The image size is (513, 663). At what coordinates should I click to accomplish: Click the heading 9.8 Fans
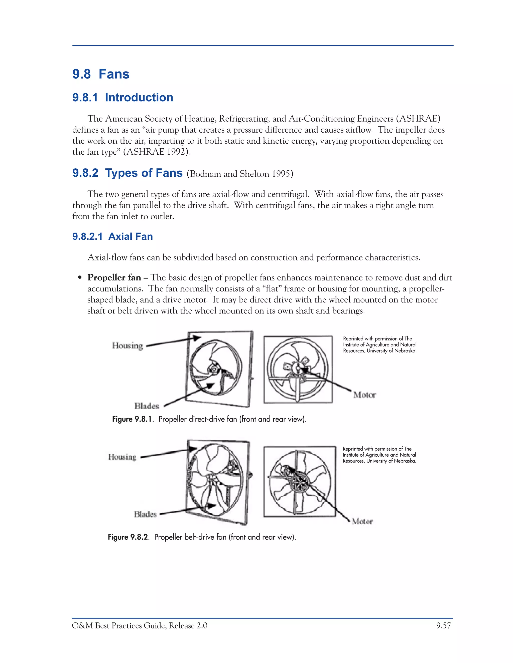(x=101, y=74)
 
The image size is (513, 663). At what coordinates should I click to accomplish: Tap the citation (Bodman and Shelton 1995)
(x=240, y=174)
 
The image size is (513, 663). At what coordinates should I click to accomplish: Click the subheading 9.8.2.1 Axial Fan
(x=112, y=236)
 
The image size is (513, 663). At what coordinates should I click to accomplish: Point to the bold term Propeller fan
(x=114, y=277)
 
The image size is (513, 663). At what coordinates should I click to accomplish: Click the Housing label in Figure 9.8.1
(x=127, y=346)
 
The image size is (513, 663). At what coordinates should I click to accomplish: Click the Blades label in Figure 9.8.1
(x=147, y=406)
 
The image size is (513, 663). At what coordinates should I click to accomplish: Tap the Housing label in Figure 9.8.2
(x=122, y=457)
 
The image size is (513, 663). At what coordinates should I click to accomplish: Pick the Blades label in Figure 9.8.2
(x=145, y=514)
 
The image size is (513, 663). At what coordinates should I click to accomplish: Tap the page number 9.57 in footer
(x=443, y=626)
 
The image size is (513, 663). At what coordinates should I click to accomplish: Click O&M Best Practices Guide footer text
(x=140, y=626)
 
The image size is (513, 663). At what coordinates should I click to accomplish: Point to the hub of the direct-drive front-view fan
(x=214, y=369)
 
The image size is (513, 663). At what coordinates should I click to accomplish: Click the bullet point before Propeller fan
(x=80, y=278)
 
